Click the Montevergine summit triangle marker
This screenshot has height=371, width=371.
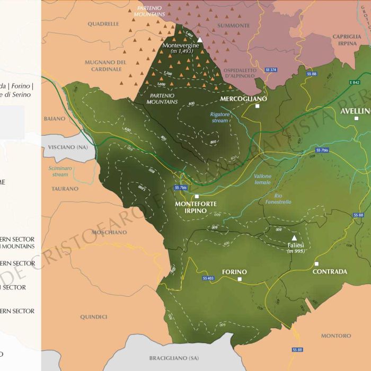(x=200, y=40)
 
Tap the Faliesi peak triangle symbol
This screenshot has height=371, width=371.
(x=294, y=238)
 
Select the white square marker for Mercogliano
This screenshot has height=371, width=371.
(x=257, y=106)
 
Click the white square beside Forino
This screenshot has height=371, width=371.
(x=240, y=279)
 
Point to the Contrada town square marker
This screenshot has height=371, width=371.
(x=316, y=263)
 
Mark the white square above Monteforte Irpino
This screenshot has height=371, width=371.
(x=197, y=196)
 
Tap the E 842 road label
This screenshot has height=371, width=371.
(x=355, y=82)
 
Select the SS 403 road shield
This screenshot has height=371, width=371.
(x=208, y=278)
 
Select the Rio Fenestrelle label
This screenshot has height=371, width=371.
(x=275, y=199)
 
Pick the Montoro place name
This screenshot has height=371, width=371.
(x=336, y=336)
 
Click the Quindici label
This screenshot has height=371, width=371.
(x=94, y=317)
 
